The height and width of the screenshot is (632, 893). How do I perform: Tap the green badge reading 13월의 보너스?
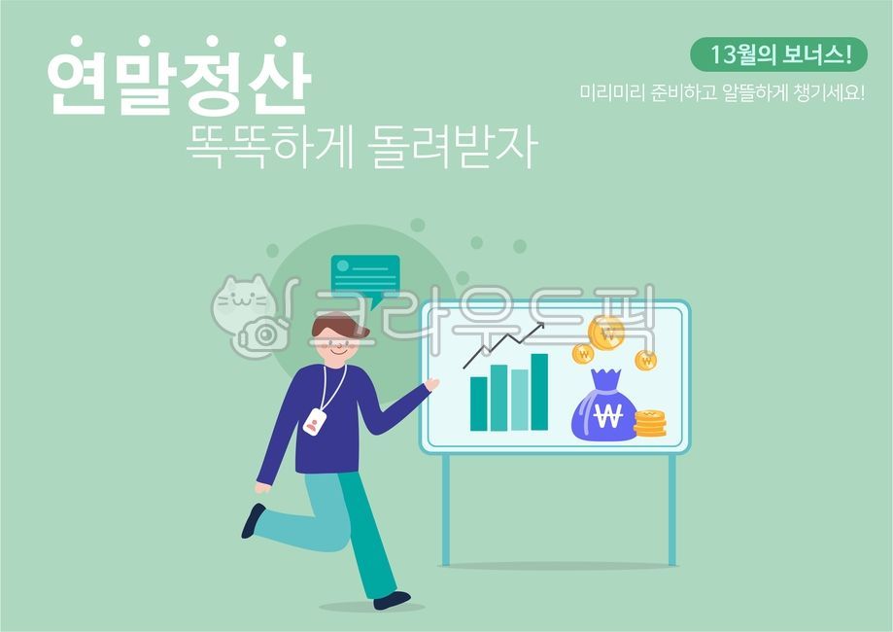(x=777, y=54)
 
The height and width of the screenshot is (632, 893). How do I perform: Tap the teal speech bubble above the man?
(x=364, y=275)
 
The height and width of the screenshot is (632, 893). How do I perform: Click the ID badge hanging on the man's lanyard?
(x=315, y=422)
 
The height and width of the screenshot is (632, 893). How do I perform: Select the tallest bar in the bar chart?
(x=539, y=391)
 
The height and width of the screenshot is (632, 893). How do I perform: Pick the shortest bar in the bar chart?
(x=479, y=403)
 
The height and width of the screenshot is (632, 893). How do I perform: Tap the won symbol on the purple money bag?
(x=607, y=415)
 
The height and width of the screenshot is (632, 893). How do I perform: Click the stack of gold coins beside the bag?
(x=650, y=423)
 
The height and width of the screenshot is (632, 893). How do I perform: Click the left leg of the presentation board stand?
(x=446, y=509)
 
